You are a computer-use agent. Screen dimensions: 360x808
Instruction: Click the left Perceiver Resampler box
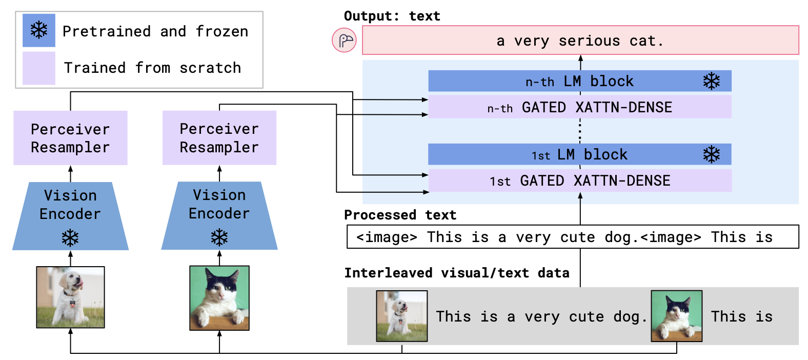pos(70,138)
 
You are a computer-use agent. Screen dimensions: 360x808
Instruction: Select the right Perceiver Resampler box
pos(219,138)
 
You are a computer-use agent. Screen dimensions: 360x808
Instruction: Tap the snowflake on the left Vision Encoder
pos(70,238)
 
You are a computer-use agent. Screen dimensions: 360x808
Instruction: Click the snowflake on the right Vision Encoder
pos(219,237)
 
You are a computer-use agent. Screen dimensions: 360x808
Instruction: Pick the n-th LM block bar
pos(579,81)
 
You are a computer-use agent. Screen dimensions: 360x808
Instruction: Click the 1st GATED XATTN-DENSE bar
pos(579,181)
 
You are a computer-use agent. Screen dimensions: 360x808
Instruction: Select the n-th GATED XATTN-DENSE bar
pos(579,107)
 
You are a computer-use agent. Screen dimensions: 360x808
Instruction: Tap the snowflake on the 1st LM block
pos(711,154)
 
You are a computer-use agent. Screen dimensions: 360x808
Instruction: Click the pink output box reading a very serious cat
pos(580,40)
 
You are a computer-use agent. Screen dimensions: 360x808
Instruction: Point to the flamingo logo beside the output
pos(345,40)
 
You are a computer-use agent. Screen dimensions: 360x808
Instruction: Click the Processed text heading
pos(400,215)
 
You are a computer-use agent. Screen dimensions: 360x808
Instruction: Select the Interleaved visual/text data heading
pos(456,273)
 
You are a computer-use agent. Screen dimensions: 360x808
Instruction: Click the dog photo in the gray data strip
pos(402,316)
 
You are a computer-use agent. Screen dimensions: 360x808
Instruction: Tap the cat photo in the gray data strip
pos(676,316)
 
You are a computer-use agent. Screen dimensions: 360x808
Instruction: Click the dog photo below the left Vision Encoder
pos(70,297)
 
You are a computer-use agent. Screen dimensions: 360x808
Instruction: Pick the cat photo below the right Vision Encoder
pos(219,297)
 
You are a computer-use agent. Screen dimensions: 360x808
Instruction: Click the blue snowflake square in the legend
pos(39,30)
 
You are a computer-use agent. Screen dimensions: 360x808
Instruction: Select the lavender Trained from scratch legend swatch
pos(39,68)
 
